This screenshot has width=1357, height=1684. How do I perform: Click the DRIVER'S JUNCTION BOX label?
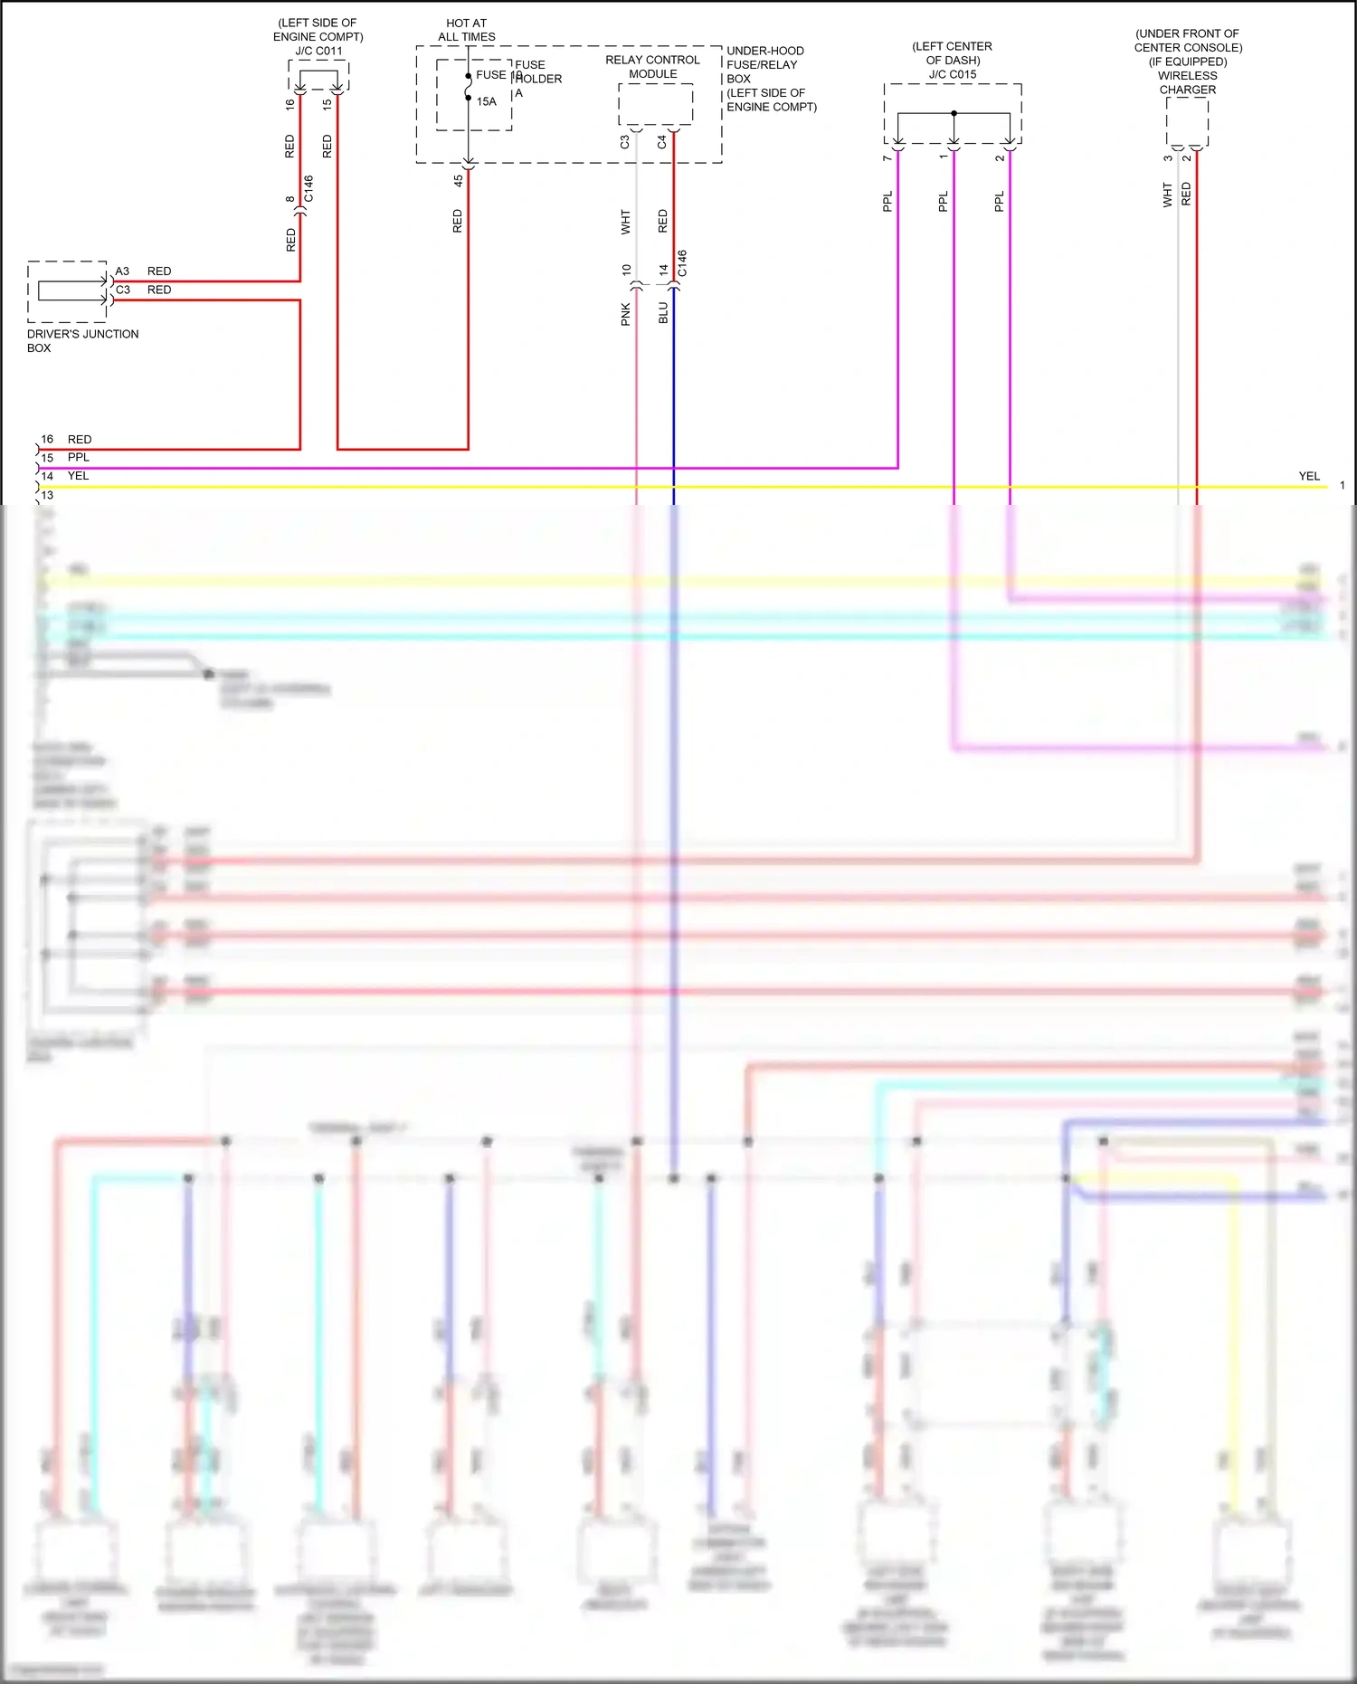(82, 341)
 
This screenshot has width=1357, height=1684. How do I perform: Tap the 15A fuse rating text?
(487, 101)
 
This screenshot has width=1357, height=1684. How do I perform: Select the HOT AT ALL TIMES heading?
(467, 30)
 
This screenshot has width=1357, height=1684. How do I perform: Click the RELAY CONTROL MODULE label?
(652, 67)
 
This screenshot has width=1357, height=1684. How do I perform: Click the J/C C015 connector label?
(953, 74)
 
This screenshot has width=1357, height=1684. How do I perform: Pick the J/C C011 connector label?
(318, 51)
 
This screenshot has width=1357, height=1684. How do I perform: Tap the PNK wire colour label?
(626, 314)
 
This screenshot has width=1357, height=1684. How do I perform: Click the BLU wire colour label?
(663, 313)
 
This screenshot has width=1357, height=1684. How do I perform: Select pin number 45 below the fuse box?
(459, 181)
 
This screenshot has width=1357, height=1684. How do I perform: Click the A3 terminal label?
(122, 271)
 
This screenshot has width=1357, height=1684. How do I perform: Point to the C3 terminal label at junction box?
(123, 290)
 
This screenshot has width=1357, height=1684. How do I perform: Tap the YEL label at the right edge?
(1309, 476)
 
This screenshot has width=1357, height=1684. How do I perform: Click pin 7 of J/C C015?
(887, 158)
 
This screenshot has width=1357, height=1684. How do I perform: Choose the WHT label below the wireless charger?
(1168, 195)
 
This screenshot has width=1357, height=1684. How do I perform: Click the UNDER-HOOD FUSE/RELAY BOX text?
(771, 79)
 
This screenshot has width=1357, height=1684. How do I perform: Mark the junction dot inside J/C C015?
(954, 113)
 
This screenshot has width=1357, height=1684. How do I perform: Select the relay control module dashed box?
(656, 104)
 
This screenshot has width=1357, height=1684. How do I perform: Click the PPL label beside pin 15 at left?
(79, 458)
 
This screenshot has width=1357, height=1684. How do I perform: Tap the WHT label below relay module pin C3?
(626, 222)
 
